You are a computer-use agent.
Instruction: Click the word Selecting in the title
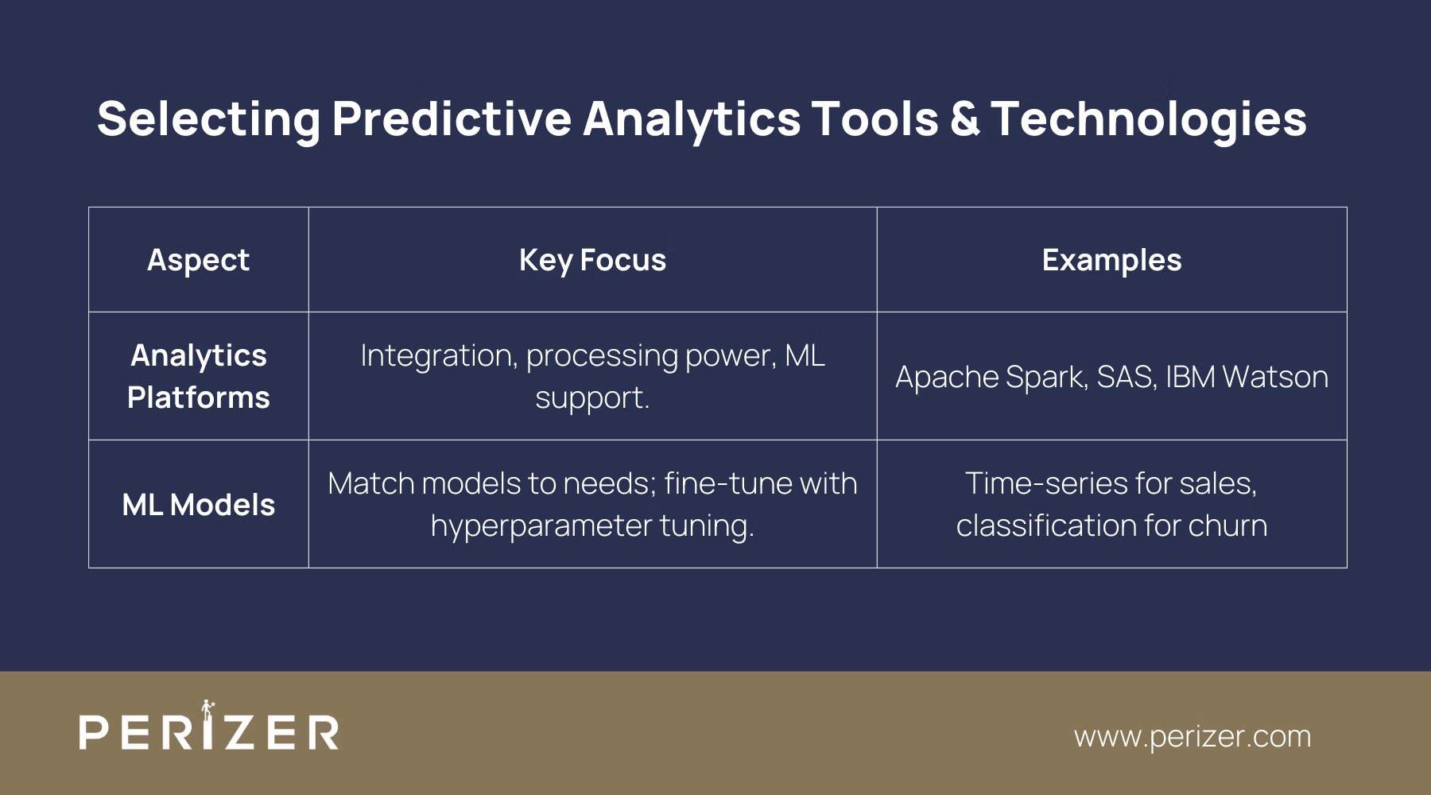(x=208, y=119)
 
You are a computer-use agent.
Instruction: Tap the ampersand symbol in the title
(x=964, y=119)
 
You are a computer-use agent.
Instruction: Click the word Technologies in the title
(x=1148, y=119)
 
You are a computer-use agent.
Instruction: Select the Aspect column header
(x=198, y=260)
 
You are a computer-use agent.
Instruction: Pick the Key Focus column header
(x=592, y=260)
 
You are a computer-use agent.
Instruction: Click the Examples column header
(x=1111, y=260)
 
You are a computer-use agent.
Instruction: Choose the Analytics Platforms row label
(x=198, y=376)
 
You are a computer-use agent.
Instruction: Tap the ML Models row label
(x=198, y=505)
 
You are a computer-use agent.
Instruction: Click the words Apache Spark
(x=991, y=377)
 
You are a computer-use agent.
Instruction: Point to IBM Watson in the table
(x=1247, y=377)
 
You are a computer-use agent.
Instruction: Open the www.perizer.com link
(x=1192, y=736)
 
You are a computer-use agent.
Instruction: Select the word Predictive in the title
(x=452, y=119)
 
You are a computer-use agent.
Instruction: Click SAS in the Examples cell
(x=1125, y=377)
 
